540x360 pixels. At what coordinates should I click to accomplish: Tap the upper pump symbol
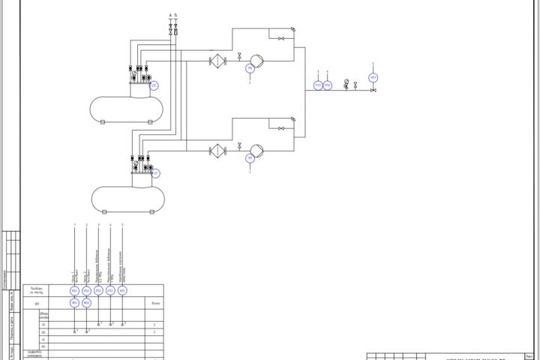click(x=256, y=59)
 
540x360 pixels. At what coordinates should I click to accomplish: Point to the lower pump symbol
click(x=256, y=150)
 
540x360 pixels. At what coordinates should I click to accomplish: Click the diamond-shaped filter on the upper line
click(x=217, y=60)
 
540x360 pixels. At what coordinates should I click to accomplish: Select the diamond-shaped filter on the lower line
click(x=217, y=150)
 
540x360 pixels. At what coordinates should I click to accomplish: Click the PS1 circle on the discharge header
click(x=318, y=85)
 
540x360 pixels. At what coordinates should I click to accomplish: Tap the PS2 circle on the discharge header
click(x=327, y=85)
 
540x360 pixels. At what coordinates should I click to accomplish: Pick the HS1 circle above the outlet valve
click(x=373, y=77)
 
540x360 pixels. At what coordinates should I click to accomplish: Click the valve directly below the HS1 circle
click(x=373, y=91)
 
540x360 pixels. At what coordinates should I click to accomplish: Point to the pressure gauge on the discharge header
click(x=346, y=82)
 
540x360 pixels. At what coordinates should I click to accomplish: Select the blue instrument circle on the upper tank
click(x=154, y=85)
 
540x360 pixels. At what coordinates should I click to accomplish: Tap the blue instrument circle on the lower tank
click(x=155, y=173)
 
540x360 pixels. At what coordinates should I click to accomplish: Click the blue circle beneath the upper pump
click(x=250, y=68)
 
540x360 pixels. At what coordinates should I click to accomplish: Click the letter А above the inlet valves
click(x=170, y=15)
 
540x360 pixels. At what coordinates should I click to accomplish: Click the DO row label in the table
click(x=43, y=331)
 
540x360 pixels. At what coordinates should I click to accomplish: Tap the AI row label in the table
click(x=43, y=339)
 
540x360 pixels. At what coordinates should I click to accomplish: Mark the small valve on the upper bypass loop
click(x=280, y=38)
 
